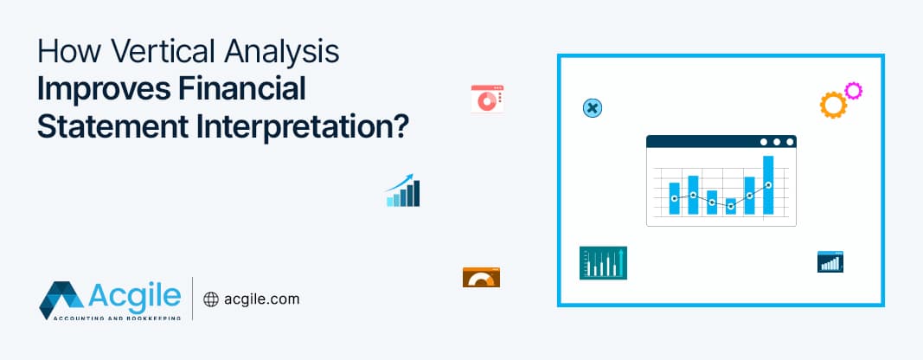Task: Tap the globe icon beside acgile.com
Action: [210, 299]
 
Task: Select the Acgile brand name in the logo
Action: [134, 294]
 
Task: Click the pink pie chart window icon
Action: [487, 99]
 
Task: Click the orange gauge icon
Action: [481, 277]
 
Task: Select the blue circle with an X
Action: [592, 108]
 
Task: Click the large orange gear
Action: [832, 105]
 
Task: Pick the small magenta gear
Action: [854, 91]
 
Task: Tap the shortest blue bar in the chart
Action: [731, 206]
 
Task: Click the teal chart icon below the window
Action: [603, 262]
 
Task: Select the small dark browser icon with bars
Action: [830, 261]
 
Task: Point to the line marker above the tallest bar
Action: [768, 184]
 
